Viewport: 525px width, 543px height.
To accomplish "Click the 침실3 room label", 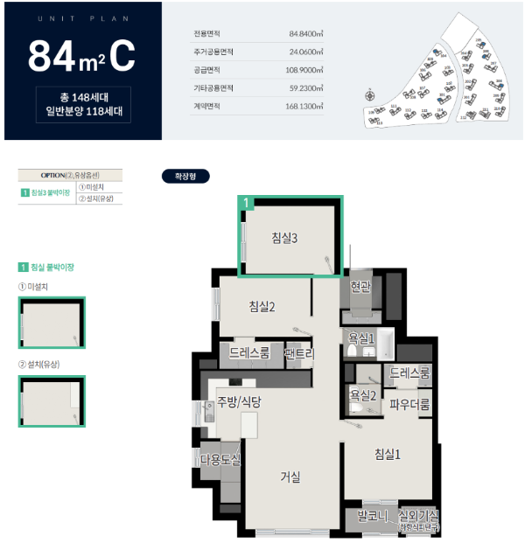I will [284, 236].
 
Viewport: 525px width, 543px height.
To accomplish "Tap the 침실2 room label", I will [262, 305].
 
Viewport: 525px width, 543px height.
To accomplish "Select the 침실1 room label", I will [387, 453].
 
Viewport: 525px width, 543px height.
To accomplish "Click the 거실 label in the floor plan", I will [290, 477].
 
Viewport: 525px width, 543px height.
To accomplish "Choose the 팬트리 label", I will [299, 353].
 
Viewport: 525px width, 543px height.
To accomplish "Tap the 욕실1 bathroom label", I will [362, 338].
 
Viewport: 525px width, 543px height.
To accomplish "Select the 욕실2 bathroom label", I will [362, 395].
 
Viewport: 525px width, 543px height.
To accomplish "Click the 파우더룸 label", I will [409, 405].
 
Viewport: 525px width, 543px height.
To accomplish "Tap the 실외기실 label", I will [417, 515].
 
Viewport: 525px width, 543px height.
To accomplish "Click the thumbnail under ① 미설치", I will [52, 324].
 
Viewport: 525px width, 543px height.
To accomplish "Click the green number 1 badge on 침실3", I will [248, 203].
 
